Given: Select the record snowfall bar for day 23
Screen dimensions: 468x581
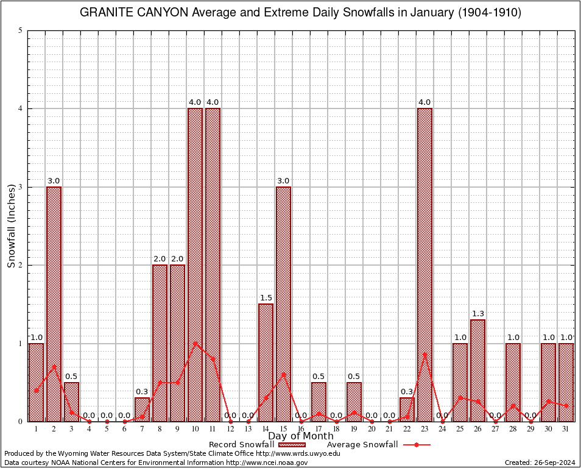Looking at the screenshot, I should point(424,264).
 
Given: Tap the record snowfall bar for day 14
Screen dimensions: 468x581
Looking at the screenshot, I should point(266,362).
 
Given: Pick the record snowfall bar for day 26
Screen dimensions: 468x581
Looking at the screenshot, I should point(477,370).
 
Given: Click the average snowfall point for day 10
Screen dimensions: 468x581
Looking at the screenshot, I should point(195,343).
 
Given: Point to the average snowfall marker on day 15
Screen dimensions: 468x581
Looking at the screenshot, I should point(283,374).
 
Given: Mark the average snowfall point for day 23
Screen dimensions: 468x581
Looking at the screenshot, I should point(424,355).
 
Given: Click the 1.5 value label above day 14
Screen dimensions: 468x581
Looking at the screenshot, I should point(266,298).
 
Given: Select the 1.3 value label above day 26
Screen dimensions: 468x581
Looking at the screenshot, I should point(477,314).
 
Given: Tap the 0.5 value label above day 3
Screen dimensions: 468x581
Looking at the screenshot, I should point(71,377).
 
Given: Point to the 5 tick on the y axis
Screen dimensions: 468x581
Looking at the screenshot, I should point(21,30).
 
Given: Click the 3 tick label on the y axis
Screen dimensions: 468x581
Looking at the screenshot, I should point(21,187).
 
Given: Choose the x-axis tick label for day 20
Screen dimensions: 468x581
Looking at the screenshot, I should point(371,428).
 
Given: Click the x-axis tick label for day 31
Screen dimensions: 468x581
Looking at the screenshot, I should point(566,428).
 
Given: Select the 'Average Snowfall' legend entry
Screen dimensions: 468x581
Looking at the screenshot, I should point(362,444).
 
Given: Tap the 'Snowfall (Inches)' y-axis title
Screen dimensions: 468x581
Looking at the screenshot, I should point(11,225).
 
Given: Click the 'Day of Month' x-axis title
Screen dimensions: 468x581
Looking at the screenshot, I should point(301,436).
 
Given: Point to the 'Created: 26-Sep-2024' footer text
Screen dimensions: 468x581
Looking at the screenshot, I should point(540,463).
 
